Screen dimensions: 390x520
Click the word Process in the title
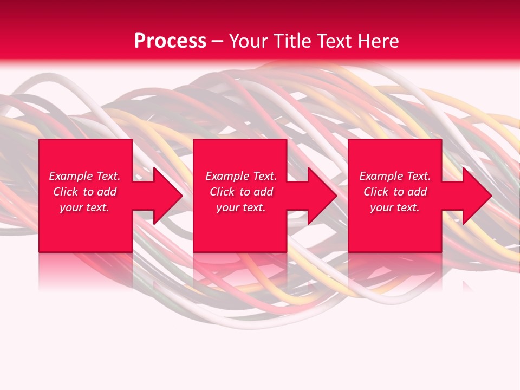point(170,41)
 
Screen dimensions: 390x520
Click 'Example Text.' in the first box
point(84,176)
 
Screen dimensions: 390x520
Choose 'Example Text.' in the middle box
point(241,176)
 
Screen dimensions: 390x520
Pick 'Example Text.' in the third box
point(395,176)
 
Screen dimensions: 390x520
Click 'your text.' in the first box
point(84,207)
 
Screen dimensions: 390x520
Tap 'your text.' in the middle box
point(241,207)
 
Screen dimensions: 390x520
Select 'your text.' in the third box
point(395,207)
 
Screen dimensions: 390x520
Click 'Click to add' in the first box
point(84,192)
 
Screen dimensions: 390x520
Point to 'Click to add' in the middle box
point(241,192)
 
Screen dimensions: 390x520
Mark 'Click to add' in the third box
point(395,192)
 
